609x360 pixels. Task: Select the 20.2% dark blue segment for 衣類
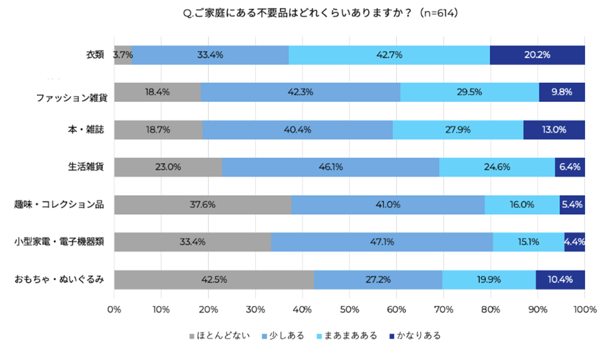click(x=537, y=55)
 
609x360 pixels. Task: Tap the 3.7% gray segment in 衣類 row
click(x=122, y=55)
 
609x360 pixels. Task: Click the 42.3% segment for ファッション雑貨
click(x=300, y=92)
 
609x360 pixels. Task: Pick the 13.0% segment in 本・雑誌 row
click(x=554, y=129)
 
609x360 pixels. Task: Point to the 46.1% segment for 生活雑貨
click(x=331, y=167)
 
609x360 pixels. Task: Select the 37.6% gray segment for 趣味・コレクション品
click(x=203, y=205)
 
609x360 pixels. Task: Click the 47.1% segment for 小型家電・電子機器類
click(x=382, y=242)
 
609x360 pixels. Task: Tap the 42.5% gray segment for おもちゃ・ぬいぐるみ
click(x=213, y=279)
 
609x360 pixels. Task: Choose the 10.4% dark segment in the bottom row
click(x=560, y=279)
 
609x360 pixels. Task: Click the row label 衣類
click(x=94, y=55)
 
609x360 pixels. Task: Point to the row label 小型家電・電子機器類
click(x=60, y=242)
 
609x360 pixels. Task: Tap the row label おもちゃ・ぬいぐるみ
click(x=60, y=279)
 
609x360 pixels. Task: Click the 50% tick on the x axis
click(x=350, y=309)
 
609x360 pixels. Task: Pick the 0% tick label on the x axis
click(x=114, y=309)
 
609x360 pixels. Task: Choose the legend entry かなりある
click(x=415, y=336)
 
